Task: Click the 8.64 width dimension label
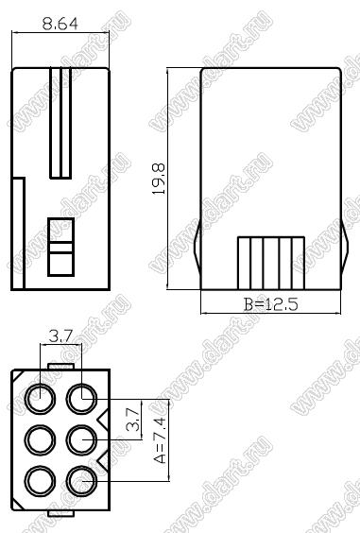60,24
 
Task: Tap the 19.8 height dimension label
159,179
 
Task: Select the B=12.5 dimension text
271,304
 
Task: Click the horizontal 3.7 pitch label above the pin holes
61,336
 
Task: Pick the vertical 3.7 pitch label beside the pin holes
132,420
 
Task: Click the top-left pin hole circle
40,399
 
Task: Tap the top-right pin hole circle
81,399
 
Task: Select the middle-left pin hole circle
40,439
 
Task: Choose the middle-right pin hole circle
81,439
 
